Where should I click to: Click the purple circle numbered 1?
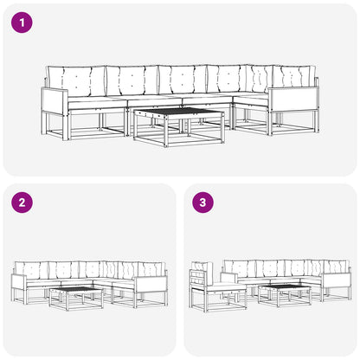(22, 22)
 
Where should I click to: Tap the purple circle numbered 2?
(22, 202)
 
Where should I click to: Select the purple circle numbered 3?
(203, 202)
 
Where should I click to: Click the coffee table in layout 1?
(179, 127)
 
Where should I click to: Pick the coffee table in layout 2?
(76, 299)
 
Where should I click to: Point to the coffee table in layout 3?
(285, 296)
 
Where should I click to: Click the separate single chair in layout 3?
(216, 287)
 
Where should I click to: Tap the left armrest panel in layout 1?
(55, 101)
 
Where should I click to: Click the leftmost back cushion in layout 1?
(76, 81)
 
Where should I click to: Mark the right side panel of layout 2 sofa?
(151, 284)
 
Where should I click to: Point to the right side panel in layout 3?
(337, 280)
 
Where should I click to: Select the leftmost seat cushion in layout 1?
(97, 102)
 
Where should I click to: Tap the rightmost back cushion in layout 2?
(151, 269)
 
